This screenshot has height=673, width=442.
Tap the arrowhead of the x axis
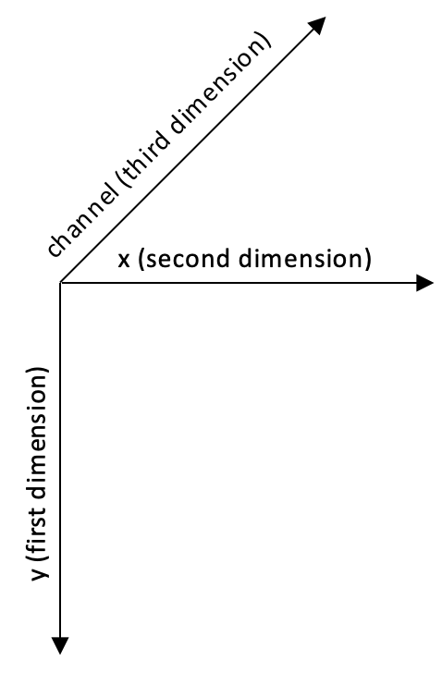(424, 283)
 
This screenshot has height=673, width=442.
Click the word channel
(81, 221)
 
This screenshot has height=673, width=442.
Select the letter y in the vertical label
(41, 572)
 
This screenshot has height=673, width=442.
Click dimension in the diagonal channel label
(215, 89)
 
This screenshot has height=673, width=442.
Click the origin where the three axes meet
(60, 283)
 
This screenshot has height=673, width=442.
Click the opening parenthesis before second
(141, 260)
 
